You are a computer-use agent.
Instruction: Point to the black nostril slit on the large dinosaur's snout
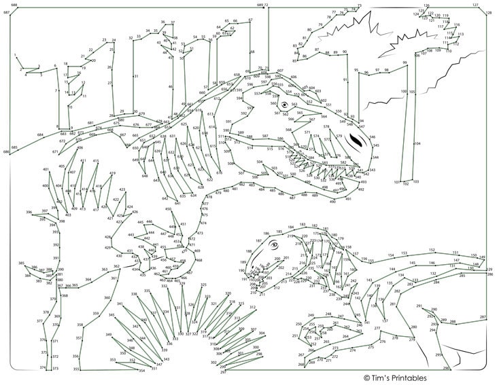click(355, 141)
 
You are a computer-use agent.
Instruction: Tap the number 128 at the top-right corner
click(488, 12)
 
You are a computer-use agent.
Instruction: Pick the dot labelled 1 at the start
click(15, 54)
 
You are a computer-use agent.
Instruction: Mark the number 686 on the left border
click(6, 152)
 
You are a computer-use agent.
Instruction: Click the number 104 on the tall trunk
click(417, 143)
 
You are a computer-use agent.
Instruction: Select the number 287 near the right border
click(483, 317)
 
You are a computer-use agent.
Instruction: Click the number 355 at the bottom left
click(76, 369)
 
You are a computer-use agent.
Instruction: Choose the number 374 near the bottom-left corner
click(42, 367)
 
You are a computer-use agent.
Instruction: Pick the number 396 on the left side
click(29, 213)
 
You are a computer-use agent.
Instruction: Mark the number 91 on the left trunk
click(345, 79)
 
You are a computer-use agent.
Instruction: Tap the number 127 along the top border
click(475, 5)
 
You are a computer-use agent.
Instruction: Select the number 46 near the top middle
click(171, 87)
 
